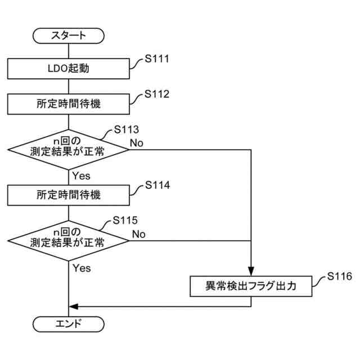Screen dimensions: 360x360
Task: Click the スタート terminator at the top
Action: [69, 35]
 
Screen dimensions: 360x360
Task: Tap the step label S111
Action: [157, 58]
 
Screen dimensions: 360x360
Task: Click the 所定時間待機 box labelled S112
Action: [69, 103]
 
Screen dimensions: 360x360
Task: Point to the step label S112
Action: [157, 93]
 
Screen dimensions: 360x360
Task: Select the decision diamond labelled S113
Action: [69, 150]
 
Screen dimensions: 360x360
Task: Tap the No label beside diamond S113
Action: [137, 143]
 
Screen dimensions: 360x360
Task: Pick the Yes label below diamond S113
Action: [81, 176]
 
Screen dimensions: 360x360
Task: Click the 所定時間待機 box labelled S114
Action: [69, 195]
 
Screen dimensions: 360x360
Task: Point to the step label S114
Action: [157, 185]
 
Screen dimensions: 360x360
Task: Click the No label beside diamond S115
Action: [139, 233]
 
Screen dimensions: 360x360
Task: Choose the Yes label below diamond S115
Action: [82, 268]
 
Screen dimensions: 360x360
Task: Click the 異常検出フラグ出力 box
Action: [250, 286]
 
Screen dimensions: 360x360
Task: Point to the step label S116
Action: [339, 276]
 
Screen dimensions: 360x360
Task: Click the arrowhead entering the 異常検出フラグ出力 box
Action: [250, 272]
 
